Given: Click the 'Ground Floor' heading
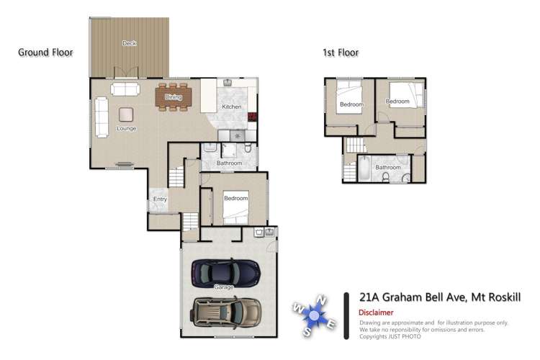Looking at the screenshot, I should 45,53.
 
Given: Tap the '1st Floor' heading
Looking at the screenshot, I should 341,53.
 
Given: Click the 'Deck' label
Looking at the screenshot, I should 129,44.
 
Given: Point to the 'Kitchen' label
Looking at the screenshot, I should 231,107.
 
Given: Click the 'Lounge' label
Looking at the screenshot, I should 127,129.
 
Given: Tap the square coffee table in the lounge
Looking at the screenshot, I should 126,114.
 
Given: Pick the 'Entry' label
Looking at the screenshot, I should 160,199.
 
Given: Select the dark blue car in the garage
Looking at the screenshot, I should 225,271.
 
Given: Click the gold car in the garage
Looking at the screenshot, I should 225,312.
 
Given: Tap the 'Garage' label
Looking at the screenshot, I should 224,287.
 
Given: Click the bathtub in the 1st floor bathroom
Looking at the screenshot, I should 364,170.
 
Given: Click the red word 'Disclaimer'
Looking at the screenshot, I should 376,312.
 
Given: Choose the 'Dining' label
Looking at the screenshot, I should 174,96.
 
